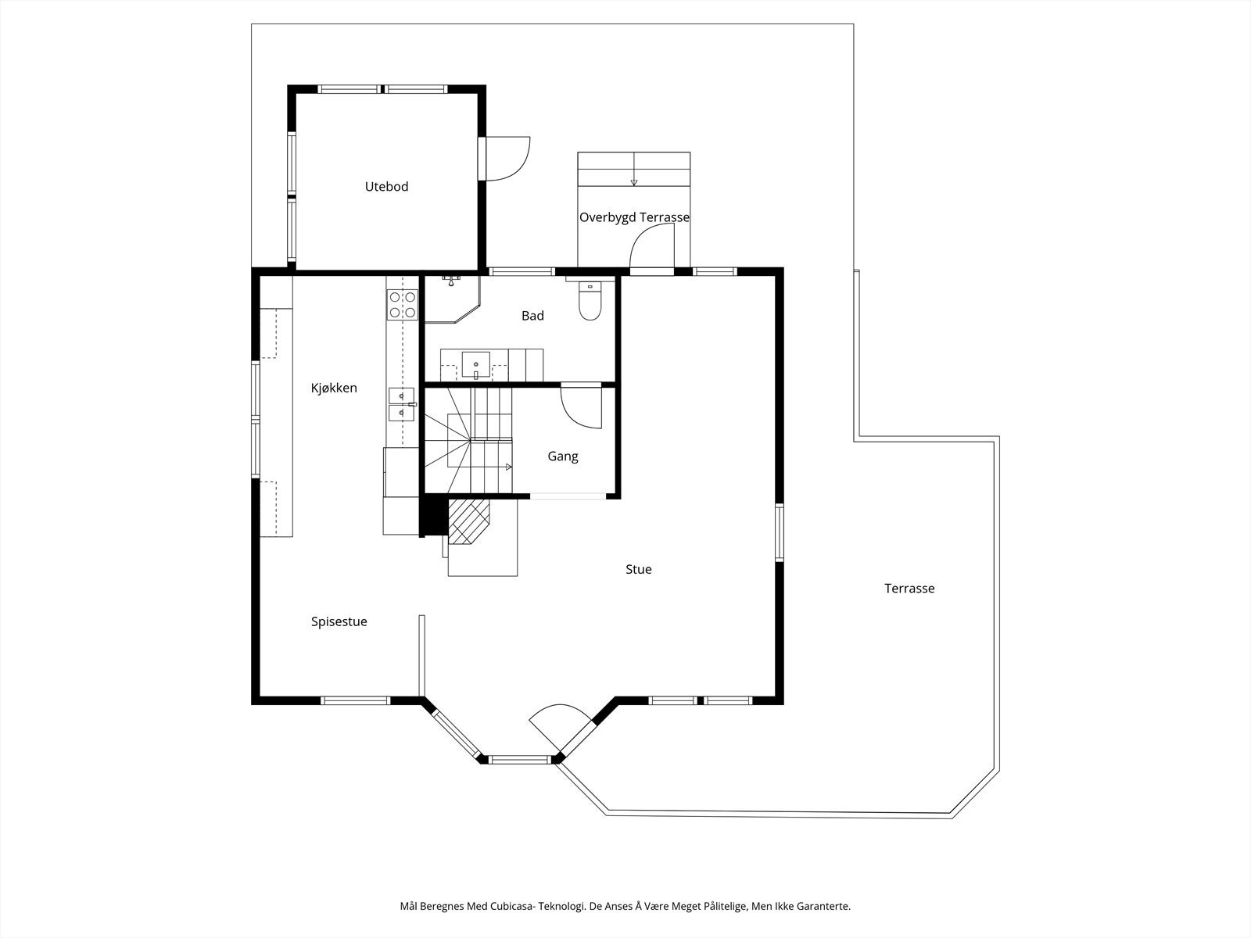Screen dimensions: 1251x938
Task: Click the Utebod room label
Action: (x=386, y=186)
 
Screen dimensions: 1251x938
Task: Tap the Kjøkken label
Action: (x=334, y=388)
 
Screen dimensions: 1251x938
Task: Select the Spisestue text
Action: (x=339, y=622)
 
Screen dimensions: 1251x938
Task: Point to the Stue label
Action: (x=638, y=569)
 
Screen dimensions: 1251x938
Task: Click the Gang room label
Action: (x=562, y=456)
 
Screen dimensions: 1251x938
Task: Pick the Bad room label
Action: (x=532, y=316)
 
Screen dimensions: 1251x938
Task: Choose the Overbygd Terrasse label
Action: (x=634, y=217)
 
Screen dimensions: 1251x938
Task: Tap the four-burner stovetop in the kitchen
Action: (x=402, y=304)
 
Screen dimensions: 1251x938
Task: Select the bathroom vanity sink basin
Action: (x=476, y=365)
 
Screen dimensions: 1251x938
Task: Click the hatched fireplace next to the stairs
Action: (x=469, y=521)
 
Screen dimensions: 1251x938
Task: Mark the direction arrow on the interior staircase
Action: (x=508, y=467)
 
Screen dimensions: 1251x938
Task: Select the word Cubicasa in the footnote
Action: (x=510, y=905)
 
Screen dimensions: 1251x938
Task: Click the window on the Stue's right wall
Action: (x=779, y=532)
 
